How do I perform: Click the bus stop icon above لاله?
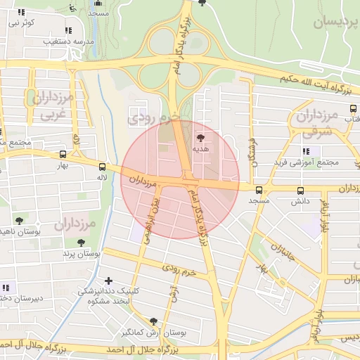coord(103,167)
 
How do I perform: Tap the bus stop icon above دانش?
coord(301,191)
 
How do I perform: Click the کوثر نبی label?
coord(21,23)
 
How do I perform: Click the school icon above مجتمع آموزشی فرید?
coord(306,151)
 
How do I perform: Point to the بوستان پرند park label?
coord(82,252)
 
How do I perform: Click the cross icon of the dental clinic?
coord(108,281)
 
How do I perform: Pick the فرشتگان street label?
coord(252,152)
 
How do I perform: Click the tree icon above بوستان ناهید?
coord(19,220)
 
